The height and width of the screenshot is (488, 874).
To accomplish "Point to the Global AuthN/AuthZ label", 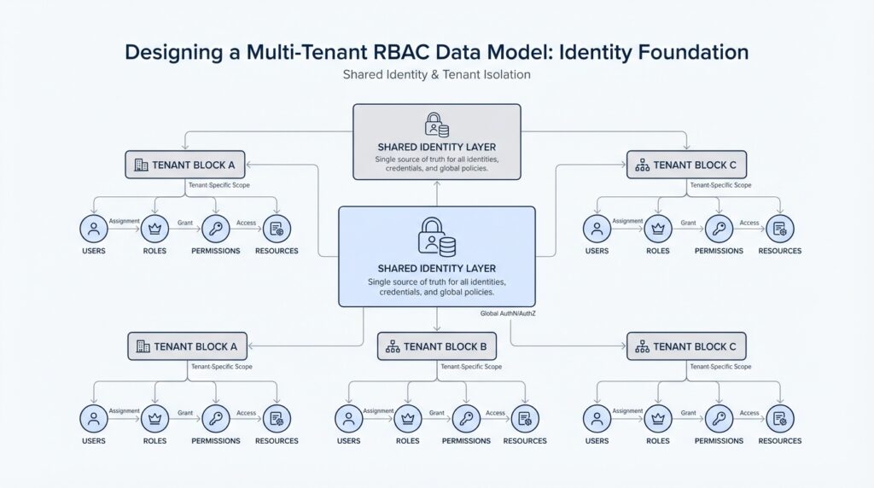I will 508,313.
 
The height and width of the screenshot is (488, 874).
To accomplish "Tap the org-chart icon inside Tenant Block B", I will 393,346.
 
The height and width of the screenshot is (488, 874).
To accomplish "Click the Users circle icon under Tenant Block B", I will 348,418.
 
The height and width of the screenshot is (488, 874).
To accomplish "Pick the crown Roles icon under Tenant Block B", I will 406,418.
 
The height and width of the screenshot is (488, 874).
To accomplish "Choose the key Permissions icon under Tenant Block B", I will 466,418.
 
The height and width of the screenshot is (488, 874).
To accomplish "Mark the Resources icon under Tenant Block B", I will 525,418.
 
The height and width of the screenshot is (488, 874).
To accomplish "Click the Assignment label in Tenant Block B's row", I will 378,411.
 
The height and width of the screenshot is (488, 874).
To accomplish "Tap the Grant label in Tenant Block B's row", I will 437,412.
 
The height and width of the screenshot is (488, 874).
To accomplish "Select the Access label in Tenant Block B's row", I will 495,412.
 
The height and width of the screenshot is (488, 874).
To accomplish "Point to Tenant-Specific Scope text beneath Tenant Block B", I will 471,366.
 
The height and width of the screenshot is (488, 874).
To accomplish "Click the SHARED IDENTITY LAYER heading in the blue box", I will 436,268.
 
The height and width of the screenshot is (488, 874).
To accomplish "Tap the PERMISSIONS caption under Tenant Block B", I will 466,441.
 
